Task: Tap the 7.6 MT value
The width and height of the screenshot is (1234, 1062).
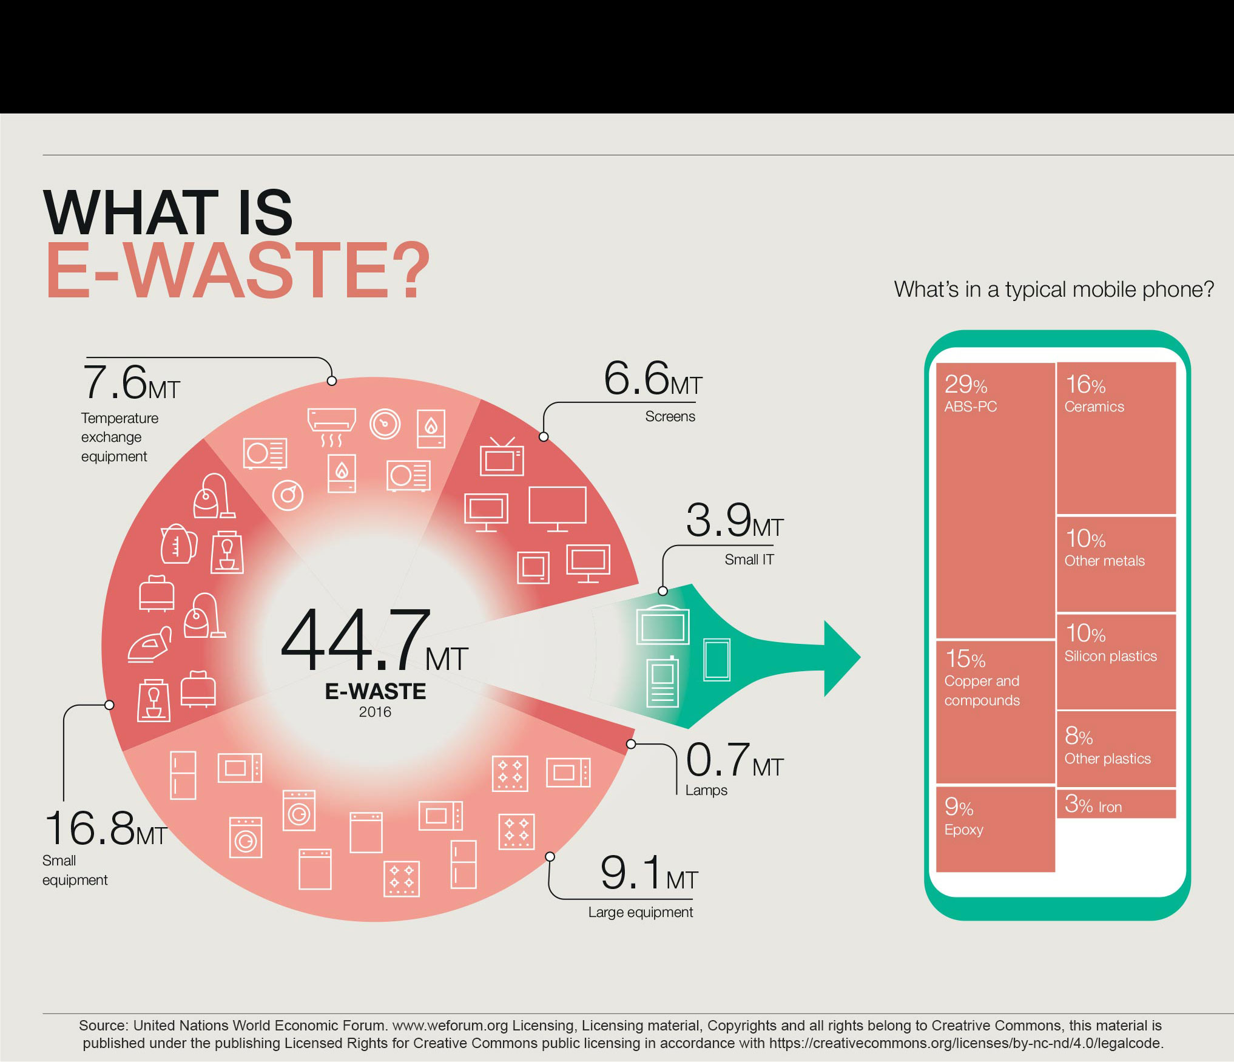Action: (x=131, y=382)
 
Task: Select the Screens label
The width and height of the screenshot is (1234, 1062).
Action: (x=670, y=416)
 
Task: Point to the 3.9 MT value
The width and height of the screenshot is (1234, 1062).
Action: (x=735, y=521)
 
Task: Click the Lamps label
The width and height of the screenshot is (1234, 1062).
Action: (x=706, y=790)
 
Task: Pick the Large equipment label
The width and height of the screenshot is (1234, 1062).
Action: (x=640, y=913)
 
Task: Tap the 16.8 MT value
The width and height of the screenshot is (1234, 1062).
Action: (x=106, y=828)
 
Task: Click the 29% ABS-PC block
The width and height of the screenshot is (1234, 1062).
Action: (x=995, y=501)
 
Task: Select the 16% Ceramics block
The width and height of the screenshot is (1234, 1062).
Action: (x=1116, y=438)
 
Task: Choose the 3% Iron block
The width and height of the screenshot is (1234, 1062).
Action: (x=1116, y=803)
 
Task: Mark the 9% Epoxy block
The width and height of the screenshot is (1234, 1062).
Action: (x=995, y=829)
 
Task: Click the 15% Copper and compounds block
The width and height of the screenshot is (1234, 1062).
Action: (x=995, y=712)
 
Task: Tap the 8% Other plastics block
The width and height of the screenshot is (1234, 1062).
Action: (x=1116, y=749)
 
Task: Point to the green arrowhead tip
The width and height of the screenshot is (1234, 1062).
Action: (x=860, y=657)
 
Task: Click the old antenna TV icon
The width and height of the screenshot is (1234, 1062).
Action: (x=502, y=456)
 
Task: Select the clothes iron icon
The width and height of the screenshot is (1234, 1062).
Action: (x=150, y=644)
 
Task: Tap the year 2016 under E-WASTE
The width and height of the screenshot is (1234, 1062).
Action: (x=375, y=712)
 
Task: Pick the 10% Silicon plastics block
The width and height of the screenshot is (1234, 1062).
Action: (x=1116, y=661)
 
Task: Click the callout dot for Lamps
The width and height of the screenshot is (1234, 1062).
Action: (x=631, y=744)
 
